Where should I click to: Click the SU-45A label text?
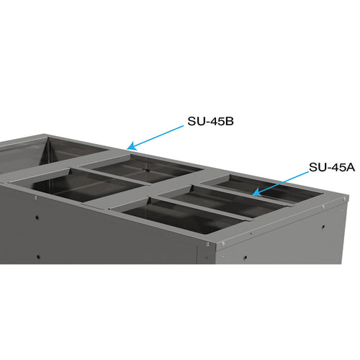(333, 167)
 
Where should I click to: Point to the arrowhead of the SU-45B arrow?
(127, 148)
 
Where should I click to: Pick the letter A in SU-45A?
(351, 167)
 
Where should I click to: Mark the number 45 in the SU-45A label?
(336, 167)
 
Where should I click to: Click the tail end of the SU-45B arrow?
(184, 127)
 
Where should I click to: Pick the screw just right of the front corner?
(222, 243)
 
